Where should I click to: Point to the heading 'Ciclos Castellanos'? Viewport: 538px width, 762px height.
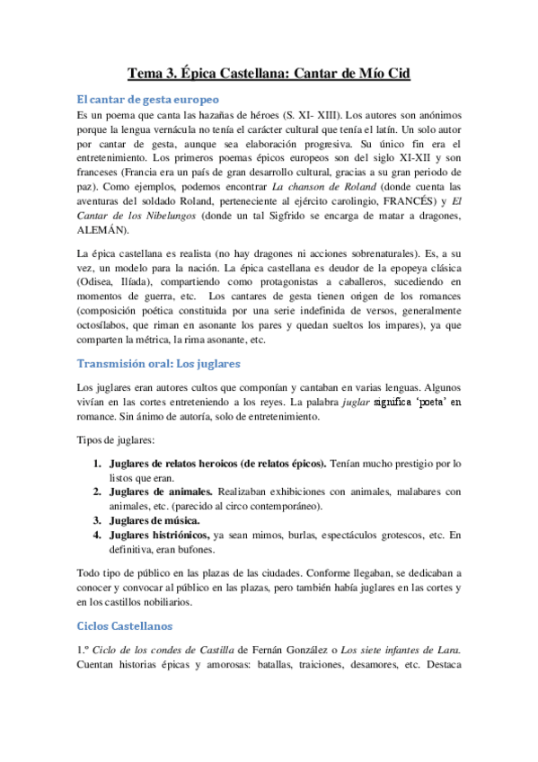(x=124, y=625)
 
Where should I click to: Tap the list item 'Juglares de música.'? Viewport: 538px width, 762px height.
(x=154, y=519)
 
